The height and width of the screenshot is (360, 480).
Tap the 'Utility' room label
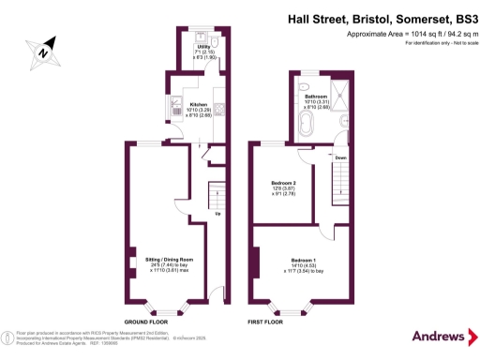[202, 45]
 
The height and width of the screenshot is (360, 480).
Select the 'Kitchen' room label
[198, 104]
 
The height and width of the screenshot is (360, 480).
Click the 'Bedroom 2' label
[283, 182]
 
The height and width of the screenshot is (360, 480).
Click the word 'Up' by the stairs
[218, 214]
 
